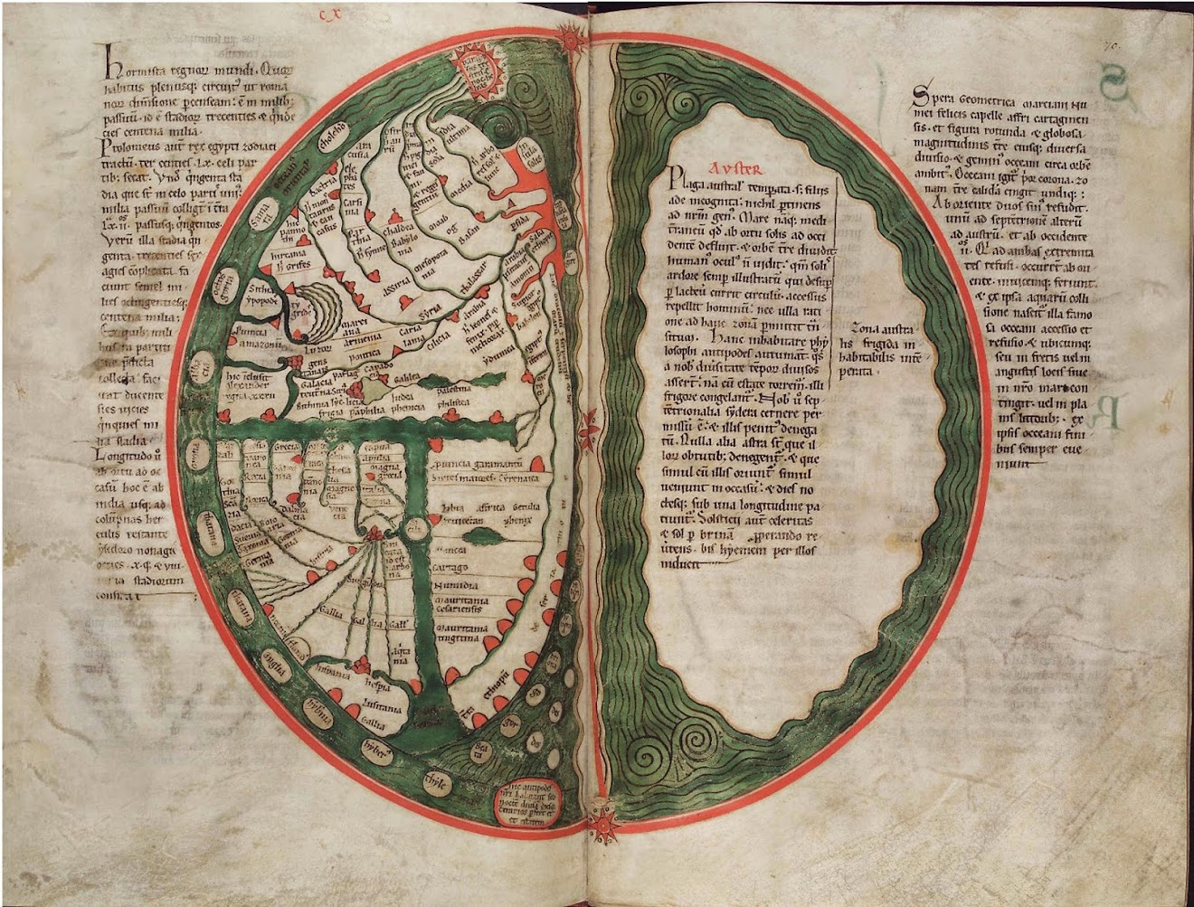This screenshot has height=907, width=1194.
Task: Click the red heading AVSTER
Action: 735,168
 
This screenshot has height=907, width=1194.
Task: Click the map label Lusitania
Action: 383,707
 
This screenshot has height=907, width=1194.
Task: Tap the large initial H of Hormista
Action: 110,61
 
